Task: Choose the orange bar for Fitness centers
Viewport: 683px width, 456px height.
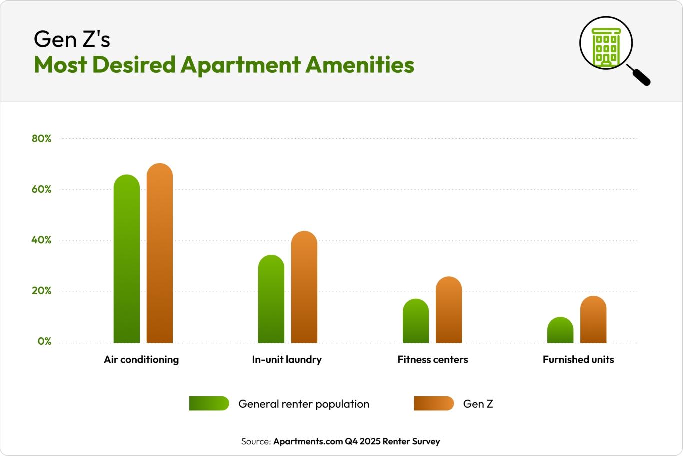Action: click(449, 310)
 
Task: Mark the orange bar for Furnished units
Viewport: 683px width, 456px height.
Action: click(593, 320)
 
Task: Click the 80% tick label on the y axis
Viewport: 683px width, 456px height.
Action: click(42, 139)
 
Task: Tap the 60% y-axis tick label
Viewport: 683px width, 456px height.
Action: click(42, 189)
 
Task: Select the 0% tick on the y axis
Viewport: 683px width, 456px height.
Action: click(44, 341)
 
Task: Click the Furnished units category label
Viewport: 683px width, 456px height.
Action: click(578, 359)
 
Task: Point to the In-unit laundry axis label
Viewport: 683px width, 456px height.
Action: click(287, 359)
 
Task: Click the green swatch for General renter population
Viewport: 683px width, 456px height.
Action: click(209, 403)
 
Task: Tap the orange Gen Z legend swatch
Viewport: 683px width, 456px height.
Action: click(434, 403)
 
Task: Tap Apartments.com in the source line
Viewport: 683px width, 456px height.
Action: click(307, 441)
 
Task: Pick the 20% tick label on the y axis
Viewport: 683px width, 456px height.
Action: click(42, 291)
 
